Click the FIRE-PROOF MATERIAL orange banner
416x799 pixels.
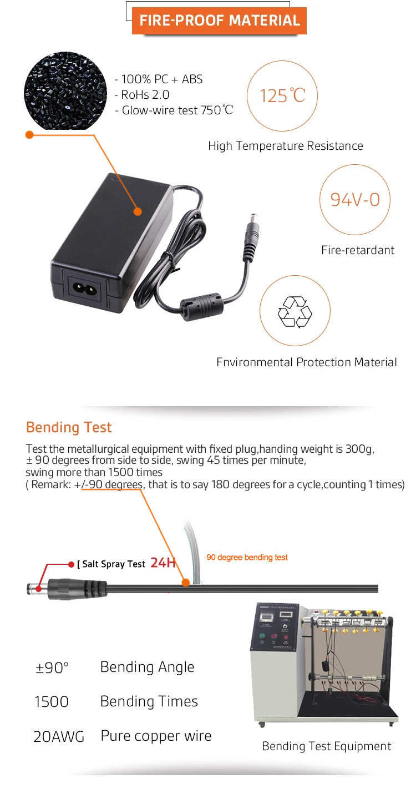[219, 21]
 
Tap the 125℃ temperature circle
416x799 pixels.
[282, 95]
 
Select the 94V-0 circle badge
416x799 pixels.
[355, 199]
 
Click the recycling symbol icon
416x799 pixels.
[295, 311]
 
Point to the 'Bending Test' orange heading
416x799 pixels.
[69, 427]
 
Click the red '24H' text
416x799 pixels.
[163, 563]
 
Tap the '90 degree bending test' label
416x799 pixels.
[247, 557]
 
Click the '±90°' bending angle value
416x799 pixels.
[52, 667]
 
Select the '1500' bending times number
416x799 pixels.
[52, 702]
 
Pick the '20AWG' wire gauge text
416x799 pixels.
[59, 737]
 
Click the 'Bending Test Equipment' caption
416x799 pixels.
[326, 746]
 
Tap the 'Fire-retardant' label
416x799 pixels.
[358, 250]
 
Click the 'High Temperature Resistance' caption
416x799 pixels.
[286, 146]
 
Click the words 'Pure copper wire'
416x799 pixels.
[156, 736]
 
